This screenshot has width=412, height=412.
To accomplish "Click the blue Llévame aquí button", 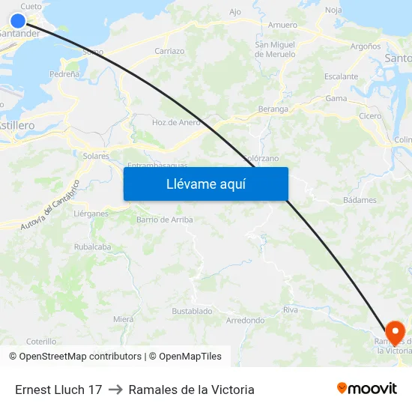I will coord(205,184).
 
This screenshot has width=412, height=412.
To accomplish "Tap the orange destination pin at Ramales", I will coord(395,332).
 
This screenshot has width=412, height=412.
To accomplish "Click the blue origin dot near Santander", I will coord(18,20).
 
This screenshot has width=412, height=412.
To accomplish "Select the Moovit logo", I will coord(367,388).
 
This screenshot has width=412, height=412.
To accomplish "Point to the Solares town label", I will coord(96,157).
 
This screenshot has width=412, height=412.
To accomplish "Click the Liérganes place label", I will coord(91,213).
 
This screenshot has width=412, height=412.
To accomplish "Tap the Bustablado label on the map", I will coord(192,311).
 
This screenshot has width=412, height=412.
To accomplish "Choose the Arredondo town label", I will coord(245,321).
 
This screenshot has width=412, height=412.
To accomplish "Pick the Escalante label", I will coord(341,76).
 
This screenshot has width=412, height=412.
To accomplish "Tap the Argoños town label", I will coord(366,46).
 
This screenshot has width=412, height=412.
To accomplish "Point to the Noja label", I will coord(333,10).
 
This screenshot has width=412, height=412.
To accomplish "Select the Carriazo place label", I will coord(169,51).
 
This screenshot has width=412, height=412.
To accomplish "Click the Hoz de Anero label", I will coord(176,122).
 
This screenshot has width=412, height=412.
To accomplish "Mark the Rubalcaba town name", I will coord(92,246).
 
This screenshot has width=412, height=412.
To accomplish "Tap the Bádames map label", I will coord(359,200).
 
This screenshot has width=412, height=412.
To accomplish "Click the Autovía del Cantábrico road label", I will coord(50,205).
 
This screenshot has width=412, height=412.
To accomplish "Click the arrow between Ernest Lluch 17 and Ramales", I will coord(115,390).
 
